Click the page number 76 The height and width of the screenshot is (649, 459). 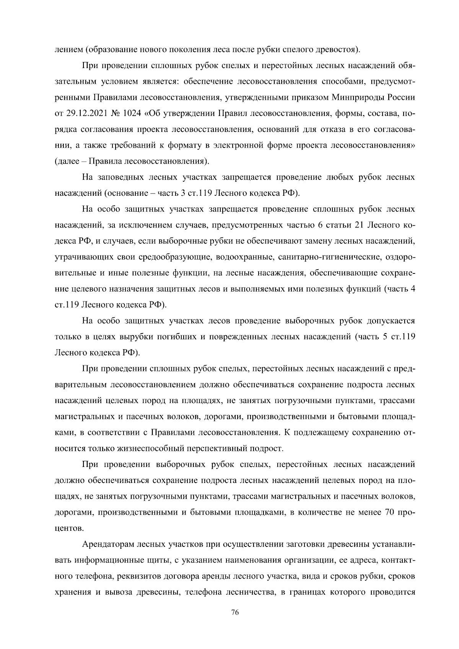coord(235,613)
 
